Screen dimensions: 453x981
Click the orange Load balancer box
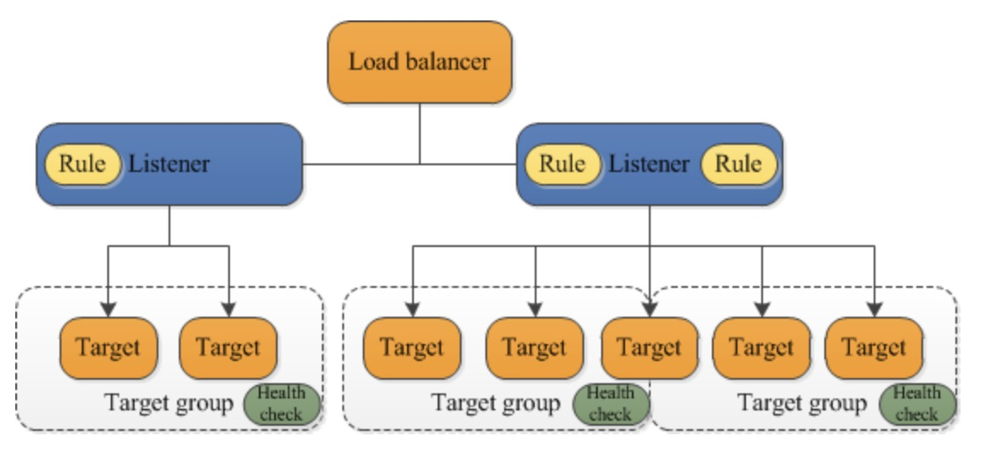pyautogui.click(x=420, y=62)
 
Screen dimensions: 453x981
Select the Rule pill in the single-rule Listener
pyautogui.click(x=83, y=163)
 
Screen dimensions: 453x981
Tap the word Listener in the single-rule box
pyautogui.click(x=169, y=163)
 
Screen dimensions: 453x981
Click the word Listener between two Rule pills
pyautogui.click(x=649, y=163)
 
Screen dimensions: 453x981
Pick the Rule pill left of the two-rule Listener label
pyautogui.click(x=562, y=163)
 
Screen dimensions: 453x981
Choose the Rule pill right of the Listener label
pyautogui.click(x=738, y=163)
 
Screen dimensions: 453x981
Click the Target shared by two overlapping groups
pyautogui.click(x=649, y=347)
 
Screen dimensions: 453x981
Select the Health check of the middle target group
pyautogui.click(x=610, y=404)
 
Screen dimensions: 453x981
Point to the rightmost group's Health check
pyautogui.click(x=916, y=404)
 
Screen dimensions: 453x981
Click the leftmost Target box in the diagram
pyautogui.click(x=108, y=347)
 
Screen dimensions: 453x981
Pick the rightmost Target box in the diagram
pyautogui.click(x=874, y=347)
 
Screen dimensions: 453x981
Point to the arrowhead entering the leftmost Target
pyautogui.click(x=108, y=307)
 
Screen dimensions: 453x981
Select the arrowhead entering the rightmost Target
pyautogui.click(x=874, y=307)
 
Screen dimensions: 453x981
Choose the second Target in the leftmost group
pyautogui.click(x=228, y=347)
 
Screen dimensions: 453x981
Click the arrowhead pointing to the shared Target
pyautogui.click(x=650, y=307)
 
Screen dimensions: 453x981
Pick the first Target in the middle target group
pyautogui.click(x=412, y=347)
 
